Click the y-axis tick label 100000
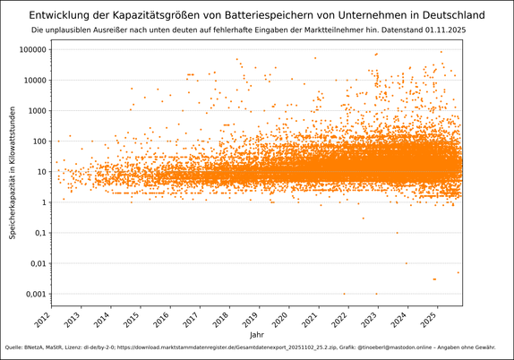pos(34,49)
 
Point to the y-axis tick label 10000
pos(36,80)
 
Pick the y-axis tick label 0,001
pos(37,295)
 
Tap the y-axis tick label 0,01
pos(39,263)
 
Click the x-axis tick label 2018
pos(220,318)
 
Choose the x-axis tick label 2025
pos(427,318)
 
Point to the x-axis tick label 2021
pos(309,318)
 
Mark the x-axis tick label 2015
pos(132,318)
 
